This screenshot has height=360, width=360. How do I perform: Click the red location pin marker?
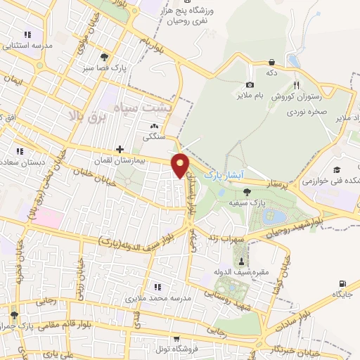(x=181, y=165)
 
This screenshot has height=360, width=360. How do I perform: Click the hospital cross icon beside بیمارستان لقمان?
(x=120, y=149)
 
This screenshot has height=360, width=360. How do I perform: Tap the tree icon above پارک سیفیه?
(x=246, y=191)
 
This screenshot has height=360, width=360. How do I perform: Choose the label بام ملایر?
(x=249, y=94)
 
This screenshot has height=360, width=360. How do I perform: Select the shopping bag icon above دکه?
(x=271, y=62)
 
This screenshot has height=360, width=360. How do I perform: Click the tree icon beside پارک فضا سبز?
(x=104, y=56)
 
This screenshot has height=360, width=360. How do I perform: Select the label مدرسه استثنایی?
(x=28, y=46)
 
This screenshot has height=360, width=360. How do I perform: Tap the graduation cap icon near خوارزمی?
(x=337, y=170)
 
